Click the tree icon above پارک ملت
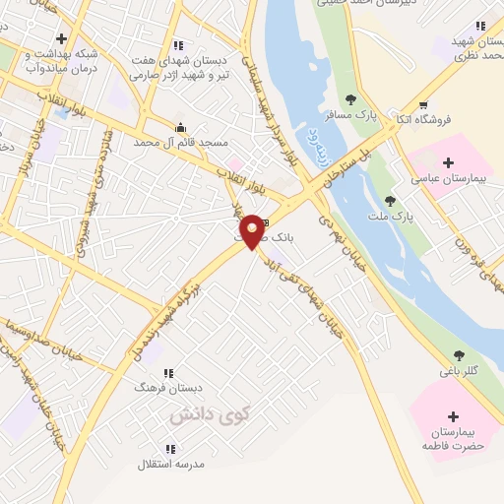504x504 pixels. (x=390, y=200)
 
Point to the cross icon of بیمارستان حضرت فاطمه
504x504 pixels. (x=453, y=416)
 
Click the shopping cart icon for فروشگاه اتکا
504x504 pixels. (x=423, y=105)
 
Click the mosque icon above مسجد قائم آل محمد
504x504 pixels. (x=179, y=126)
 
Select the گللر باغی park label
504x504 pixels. (x=459, y=371)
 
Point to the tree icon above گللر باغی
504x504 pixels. (x=459, y=355)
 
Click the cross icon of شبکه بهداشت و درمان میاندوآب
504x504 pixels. (x=61, y=37)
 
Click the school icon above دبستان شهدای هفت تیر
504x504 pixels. (x=178, y=45)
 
